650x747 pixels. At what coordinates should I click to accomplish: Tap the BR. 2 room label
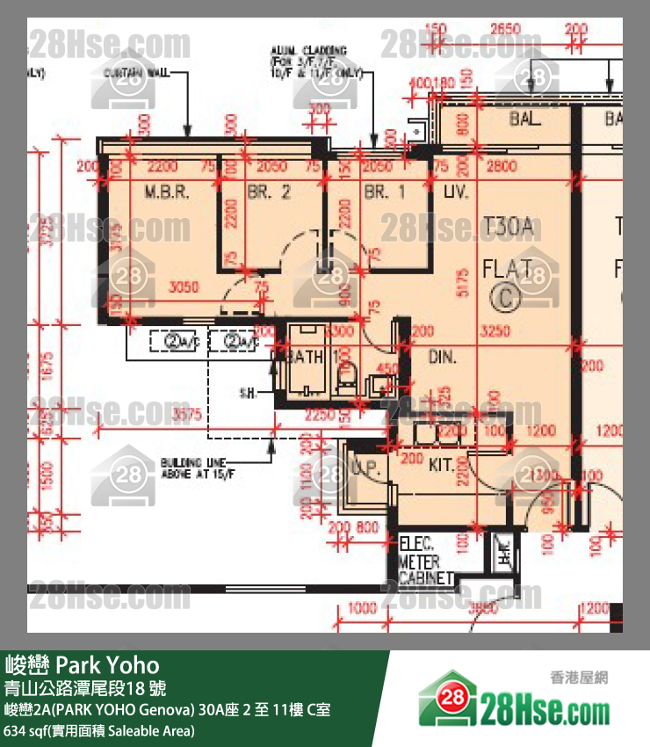(268, 192)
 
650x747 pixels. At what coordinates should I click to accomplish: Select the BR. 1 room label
(385, 192)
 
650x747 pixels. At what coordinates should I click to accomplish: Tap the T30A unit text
(509, 228)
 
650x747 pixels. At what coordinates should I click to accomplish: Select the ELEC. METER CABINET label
(426, 561)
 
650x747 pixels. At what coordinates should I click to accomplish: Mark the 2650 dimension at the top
(504, 29)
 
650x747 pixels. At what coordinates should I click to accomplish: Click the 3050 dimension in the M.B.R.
(184, 287)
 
